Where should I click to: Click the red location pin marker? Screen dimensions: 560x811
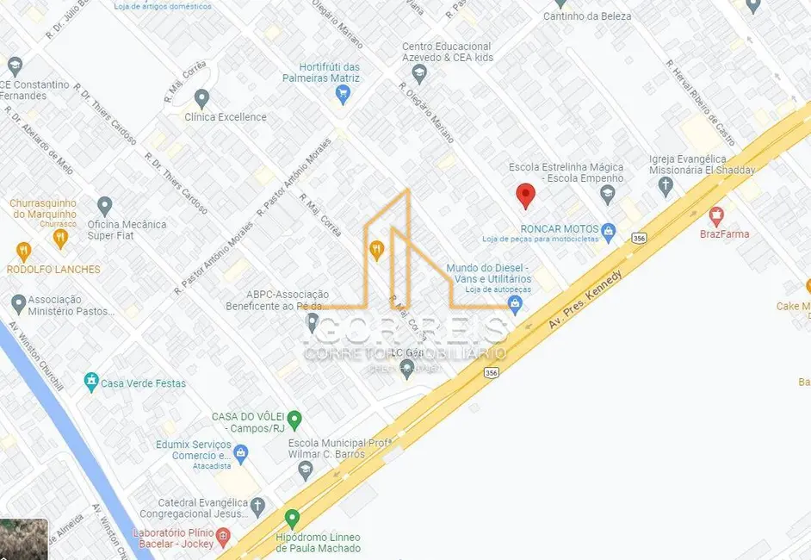[525, 196]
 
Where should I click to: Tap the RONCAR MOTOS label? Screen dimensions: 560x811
[560, 229]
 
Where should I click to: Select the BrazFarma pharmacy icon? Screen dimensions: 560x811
[715, 215]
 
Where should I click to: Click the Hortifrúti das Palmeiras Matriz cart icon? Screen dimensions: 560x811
[344, 95]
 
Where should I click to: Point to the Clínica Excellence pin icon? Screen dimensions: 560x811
[202, 98]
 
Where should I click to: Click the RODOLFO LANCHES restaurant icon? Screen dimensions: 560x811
[23, 252]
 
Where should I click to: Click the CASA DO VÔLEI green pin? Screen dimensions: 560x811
[294, 420]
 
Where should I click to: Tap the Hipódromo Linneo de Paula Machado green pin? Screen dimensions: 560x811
[292, 519]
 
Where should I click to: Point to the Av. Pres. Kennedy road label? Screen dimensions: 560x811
[585, 298]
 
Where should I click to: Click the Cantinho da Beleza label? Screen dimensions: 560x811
[587, 16]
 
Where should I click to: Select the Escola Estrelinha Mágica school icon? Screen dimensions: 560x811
[608, 193]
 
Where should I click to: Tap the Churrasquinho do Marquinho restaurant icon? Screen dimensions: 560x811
[59, 237]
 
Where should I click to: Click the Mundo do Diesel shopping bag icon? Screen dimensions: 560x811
[515, 304]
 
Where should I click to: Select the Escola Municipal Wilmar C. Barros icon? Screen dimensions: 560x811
[305, 470]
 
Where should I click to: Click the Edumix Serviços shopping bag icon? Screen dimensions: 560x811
[241, 451]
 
